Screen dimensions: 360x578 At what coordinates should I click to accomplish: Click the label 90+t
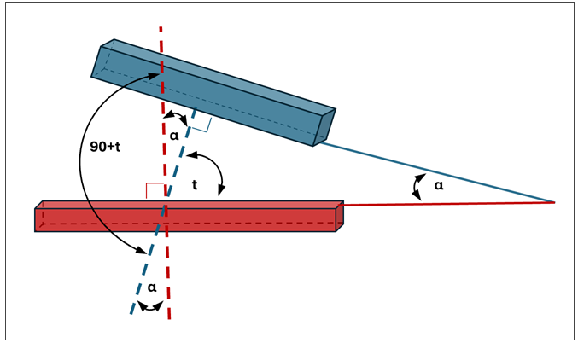click(x=105, y=146)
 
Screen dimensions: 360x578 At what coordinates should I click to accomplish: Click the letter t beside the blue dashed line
click(x=195, y=184)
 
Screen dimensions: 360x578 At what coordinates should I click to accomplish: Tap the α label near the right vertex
click(x=439, y=185)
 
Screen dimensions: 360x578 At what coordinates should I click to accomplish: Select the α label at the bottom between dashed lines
click(x=152, y=287)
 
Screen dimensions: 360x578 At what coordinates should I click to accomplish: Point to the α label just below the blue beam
click(x=174, y=135)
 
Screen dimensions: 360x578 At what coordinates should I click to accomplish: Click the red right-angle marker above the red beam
click(x=154, y=190)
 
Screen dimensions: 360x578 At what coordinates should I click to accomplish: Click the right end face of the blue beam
click(x=325, y=127)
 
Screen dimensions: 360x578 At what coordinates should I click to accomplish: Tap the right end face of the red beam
click(x=340, y=217)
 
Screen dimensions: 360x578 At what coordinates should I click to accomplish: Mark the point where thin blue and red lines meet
click(x=555, y=202)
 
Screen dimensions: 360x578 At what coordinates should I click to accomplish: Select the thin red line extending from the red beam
click(x=444, y=204)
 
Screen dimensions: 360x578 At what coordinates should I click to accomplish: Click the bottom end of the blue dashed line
click(x=131, y=313)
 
